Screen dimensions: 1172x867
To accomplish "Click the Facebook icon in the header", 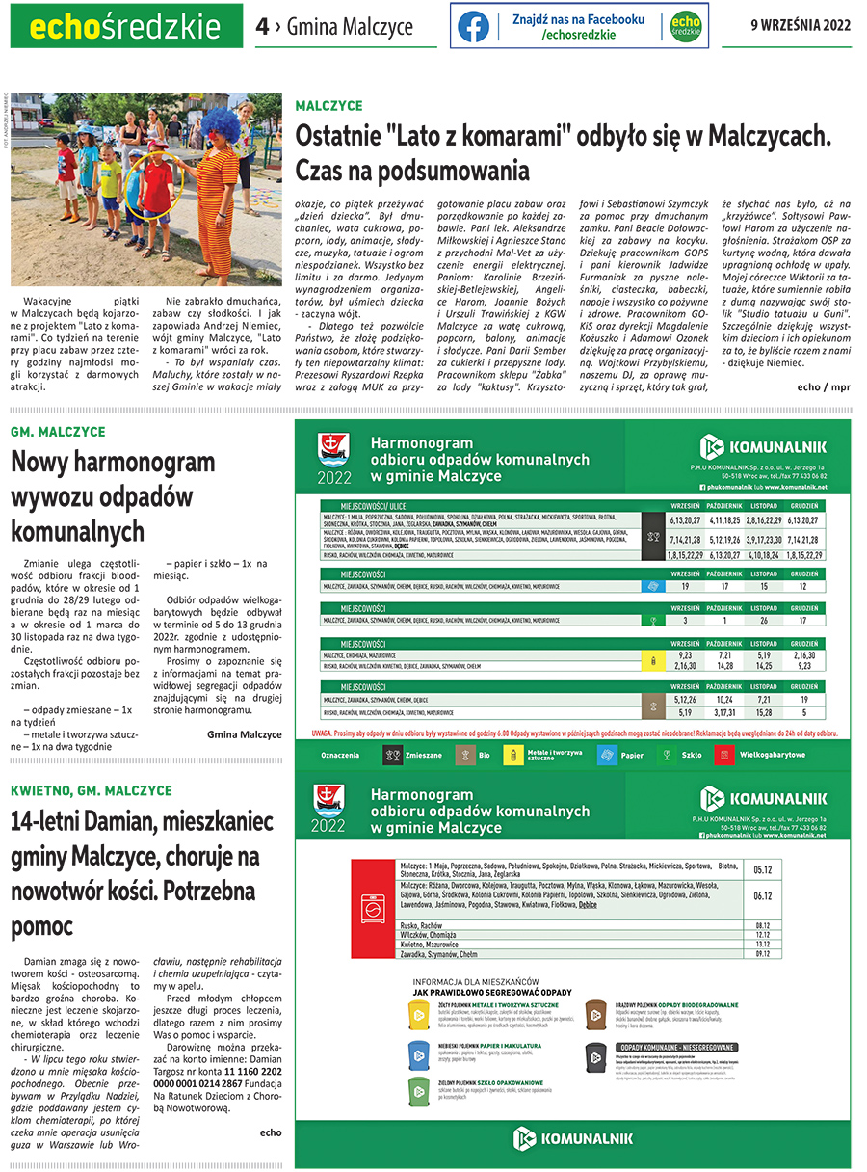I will click(x=473, y=26).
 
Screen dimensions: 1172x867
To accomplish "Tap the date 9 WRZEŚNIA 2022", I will click(x=801, y=26).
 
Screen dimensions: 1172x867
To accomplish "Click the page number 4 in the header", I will click(x=262, y=27).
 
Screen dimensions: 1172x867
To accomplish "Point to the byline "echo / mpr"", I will click(x=824, y=386).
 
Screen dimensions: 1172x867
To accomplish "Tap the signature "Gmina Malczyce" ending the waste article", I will click(x=244, y=733).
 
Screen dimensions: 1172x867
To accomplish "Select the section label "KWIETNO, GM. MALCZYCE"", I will click(x=92, y=790).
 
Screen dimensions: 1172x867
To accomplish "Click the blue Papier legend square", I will click(x=607, y=755).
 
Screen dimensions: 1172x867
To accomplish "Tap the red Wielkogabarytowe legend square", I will click(x=724, y=755).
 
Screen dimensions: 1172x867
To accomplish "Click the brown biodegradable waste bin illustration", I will click(x=594, y=1011).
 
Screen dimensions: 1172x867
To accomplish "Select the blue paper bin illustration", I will click(x=418, y=1052).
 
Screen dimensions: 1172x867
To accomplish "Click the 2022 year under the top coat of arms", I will click(x=332, y=477).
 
